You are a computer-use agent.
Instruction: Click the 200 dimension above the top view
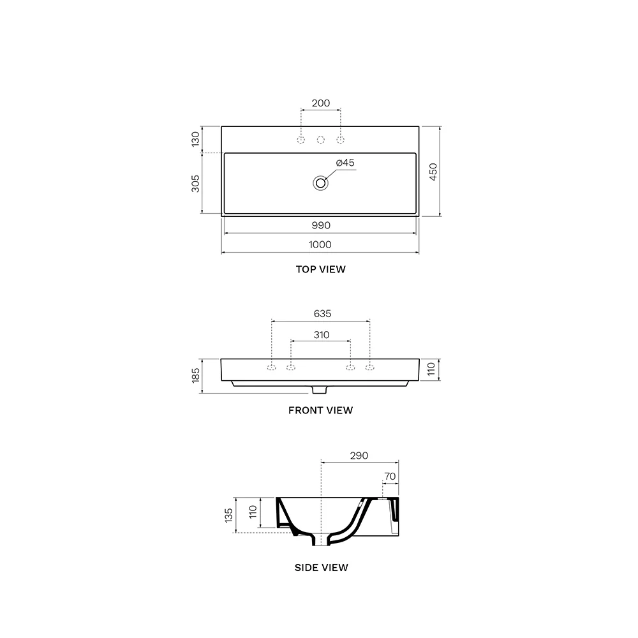coord(321,103)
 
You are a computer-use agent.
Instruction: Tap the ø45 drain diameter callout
coord(345,163)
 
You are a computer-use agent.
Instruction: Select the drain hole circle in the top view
coord(321,183)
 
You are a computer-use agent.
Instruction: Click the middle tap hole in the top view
coord(321,140)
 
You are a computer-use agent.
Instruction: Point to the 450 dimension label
coord(433,172)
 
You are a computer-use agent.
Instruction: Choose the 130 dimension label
coord(196,139)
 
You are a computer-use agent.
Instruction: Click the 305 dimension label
coord(196,184)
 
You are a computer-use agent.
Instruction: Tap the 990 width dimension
coord(321,225)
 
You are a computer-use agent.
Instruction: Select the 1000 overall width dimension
coord(320,244)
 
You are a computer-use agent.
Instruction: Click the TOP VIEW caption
coord(321,269)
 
